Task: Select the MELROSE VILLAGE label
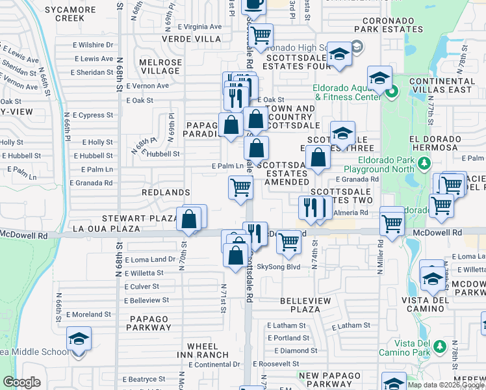tap(160, 66)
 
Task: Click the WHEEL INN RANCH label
tap(207, 350)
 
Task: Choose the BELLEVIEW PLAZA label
tap(311, 305)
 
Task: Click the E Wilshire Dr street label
tap(93, 45)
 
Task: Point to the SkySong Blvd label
tap(279, 266)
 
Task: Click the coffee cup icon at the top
tap(253, 4)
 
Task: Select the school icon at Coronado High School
tap(339, 55)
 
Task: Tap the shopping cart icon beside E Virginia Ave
tap(261, 35)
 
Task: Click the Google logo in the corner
tap(22, 382)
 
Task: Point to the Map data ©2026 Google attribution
tap(446, 385)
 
